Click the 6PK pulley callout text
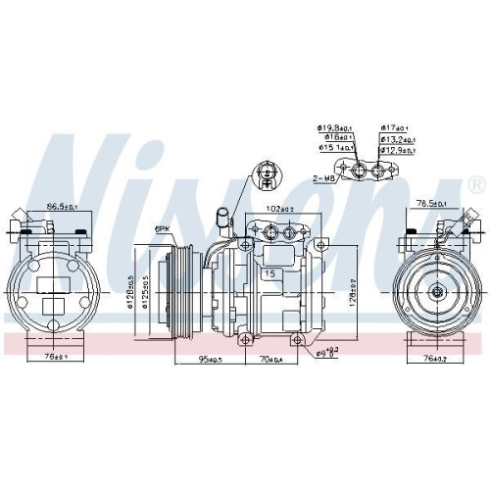point(161,229)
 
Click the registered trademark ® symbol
point(475,183)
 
